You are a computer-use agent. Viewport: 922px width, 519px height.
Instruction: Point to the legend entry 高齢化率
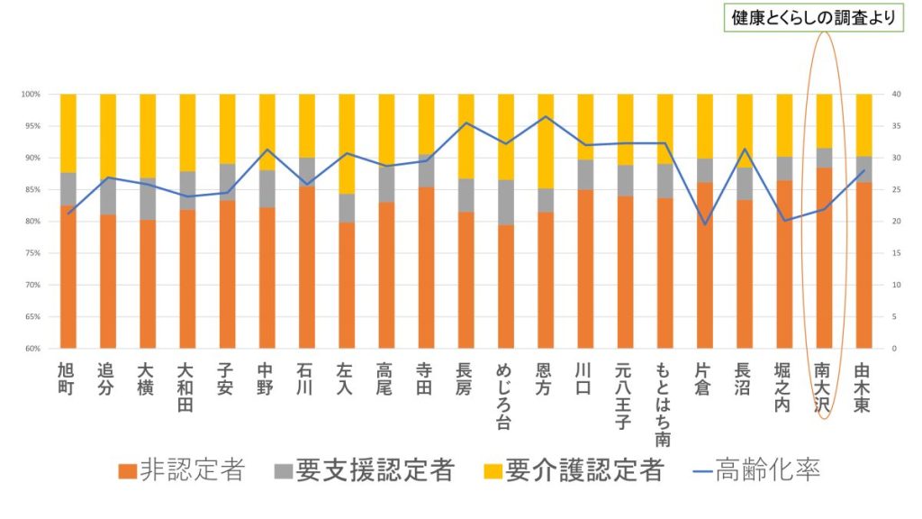755,469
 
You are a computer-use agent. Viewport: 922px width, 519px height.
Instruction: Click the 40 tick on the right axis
894,95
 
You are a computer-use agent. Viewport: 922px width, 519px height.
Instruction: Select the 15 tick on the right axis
893,253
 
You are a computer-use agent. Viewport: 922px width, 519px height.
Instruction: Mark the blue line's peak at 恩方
546,116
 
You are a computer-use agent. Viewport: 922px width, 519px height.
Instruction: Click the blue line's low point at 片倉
704,224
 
